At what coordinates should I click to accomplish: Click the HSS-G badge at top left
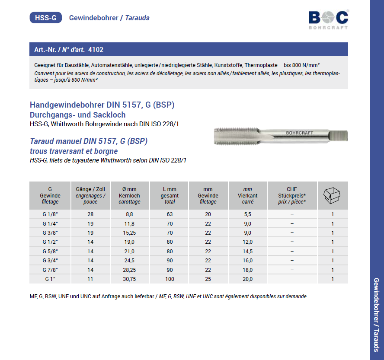[45, 18]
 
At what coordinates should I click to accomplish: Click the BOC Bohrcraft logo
[328, 19]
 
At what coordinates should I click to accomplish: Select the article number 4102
[96, 50]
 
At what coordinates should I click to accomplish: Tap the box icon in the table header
[333, 195]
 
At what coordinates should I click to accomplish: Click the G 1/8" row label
[50, 214]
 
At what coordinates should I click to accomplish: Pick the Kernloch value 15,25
[129, 233]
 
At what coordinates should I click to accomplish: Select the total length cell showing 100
[170, 279]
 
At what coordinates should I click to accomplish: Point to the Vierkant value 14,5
[247, 252]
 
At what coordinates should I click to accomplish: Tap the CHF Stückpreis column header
[292, 195]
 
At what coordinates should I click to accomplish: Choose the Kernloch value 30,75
[129, 279]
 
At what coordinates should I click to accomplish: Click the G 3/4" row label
[50, 261]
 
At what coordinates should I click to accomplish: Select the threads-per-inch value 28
[90, 214]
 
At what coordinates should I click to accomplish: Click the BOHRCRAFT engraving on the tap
[299, 133]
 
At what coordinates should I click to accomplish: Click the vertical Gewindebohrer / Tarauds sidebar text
[376, 315]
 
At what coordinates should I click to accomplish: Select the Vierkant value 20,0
[247, 279]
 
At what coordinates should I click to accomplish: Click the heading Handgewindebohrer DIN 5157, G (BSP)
[102, 105]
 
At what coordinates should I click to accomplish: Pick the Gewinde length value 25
[208, 279]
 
